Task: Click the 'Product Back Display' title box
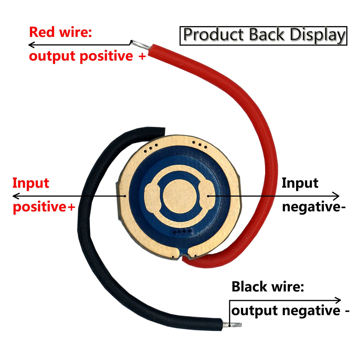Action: [263, 36]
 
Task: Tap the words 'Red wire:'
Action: [61, 32]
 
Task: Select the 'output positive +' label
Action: [87, 56]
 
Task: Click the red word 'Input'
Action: [31, 183]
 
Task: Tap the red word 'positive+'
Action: [44, 207]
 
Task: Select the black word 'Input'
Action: [300, 183]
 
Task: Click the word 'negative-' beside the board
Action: [314, 207]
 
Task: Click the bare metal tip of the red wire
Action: [140, 45]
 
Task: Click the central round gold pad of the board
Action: [179, 196]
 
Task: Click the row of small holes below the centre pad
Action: [181, 232]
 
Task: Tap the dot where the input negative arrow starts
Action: [208, 196]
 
